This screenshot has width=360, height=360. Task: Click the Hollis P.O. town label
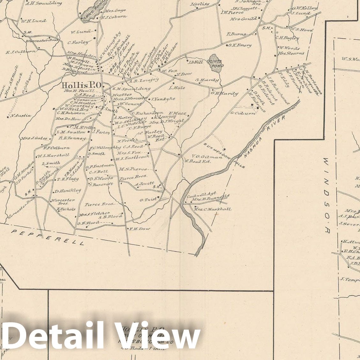tap(81, 85)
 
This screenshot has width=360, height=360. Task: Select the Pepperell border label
tap(48, 236)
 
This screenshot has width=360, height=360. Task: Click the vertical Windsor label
tap(326, 195)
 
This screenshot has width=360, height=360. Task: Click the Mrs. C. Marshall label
tap(213, 209)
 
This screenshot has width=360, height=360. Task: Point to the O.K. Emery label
tap(240, 45)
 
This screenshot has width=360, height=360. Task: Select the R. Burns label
tap(236, 34)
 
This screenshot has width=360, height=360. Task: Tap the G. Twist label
tap(148, 199)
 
